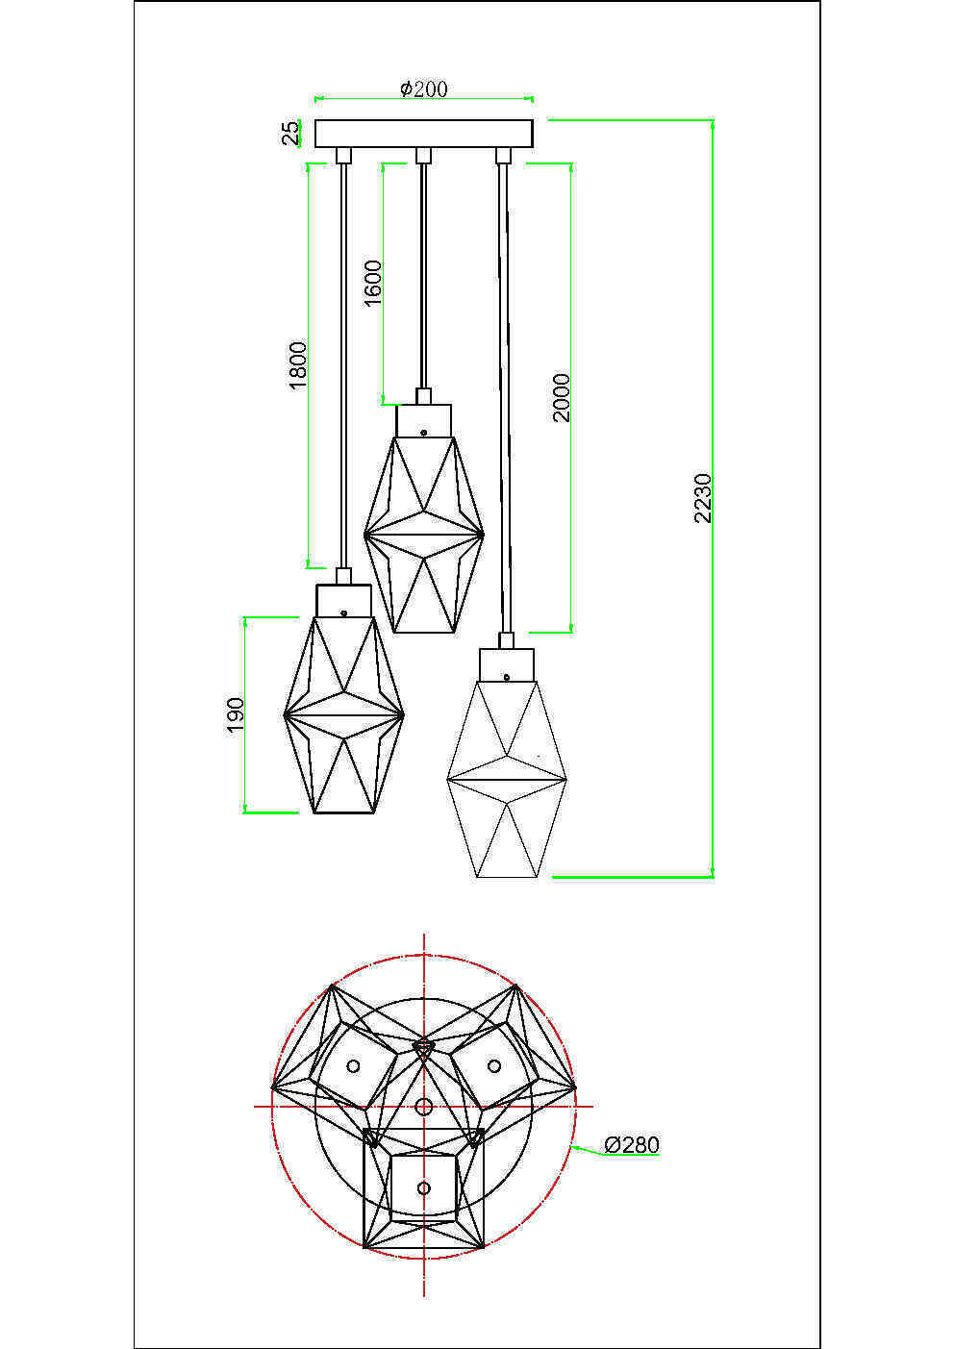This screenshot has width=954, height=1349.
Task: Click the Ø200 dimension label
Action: pyautogui.click(x=423, y=88)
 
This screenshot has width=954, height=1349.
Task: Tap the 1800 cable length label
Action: pyautogui.click(x=298, y=364)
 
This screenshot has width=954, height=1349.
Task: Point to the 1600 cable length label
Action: pyautogui.click(x=373, y=282)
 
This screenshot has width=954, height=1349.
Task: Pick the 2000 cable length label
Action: pyautogui.click(x=562, y=397)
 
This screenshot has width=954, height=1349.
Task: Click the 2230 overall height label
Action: pyautogui.click(x=703, y=498)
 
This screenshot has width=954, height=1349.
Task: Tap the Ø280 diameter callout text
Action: pyautogui.click(x=632, y=1144)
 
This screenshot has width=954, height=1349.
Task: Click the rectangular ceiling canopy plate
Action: pyautogui.click(x=423, y=133)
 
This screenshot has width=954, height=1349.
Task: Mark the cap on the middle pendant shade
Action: pyautogui.click(x=423, y=419)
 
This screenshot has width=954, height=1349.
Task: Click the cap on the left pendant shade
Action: pyautogui.click(x=343, y=600)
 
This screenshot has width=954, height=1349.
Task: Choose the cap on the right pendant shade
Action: pyautogui.click(x=506, y=663)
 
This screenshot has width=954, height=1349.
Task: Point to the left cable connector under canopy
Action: pyautogui.click(x=342, y=156)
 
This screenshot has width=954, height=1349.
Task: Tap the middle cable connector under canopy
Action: pyautogui.click(x=421, y=156)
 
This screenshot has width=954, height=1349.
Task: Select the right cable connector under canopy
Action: pyautogui.click(x=501, y=156)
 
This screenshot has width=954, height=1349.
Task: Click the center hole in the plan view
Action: pyautogui.click(x=424, y=1107)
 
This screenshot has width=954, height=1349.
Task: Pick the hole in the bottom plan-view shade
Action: pyautogui.click(x=424, y=1188)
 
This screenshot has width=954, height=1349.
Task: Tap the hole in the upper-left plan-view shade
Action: pyautogui.click(x=353, y=1066)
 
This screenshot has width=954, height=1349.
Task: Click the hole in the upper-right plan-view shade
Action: pyautogui.click(x=494, y=1064)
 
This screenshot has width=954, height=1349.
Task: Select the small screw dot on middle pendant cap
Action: pyautogui.click(x=423, y=432)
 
